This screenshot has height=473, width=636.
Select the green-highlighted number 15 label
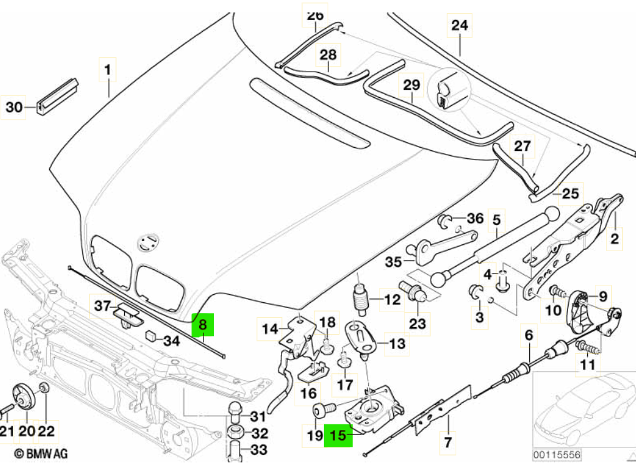[x=338, y=436]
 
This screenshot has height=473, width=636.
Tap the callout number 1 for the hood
[x=108, y=70]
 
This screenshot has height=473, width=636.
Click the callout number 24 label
[x=459, y=26]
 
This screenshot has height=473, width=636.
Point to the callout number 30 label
[x=14, y=108]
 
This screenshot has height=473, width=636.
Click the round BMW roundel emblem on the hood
[x=148, y=242]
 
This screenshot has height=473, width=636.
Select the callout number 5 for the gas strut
[x=496, y=220]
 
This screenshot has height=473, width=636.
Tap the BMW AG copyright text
[x=41, y=455]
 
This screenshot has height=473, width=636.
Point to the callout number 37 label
[x=102, y=305]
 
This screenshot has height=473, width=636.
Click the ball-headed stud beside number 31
[x=236, y=412]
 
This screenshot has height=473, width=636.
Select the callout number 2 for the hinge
[x=614, y=237]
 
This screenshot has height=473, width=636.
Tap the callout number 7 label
[x=447, y=442]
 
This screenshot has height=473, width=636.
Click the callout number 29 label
[x=411, y=85]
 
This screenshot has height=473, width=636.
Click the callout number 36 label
[x=475, y=219]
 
